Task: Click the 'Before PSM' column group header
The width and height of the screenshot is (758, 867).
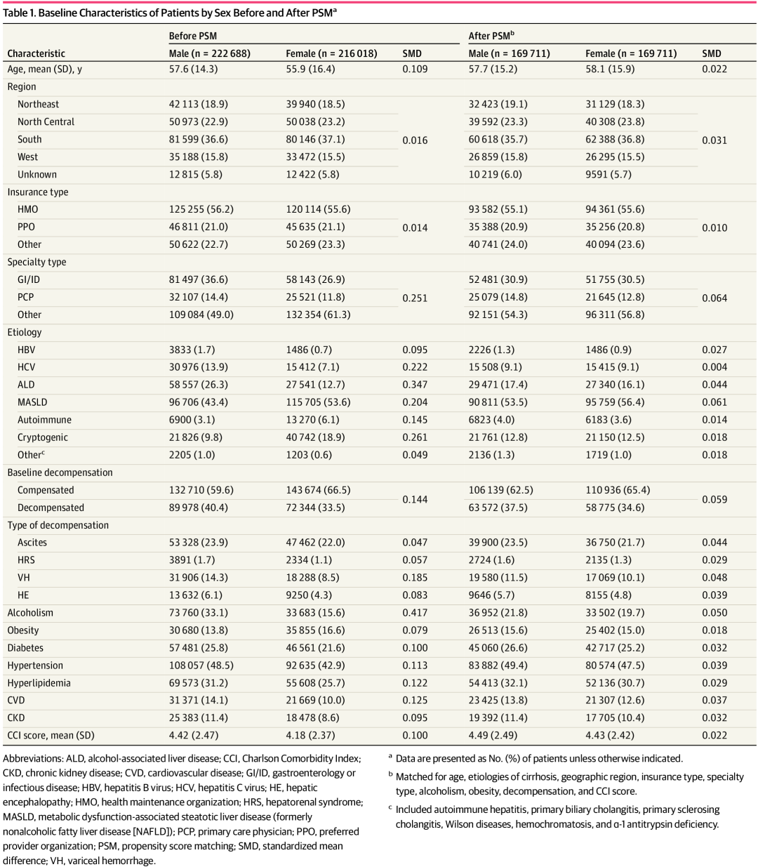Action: tap(192, 36)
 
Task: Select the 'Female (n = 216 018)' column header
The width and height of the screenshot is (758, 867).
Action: tap(331, 53)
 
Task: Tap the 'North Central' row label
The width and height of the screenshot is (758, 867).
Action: tap(46, 121)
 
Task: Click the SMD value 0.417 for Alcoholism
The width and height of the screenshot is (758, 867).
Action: tap(415, 613)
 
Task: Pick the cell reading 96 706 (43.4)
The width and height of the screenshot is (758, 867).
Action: tap(201, 402)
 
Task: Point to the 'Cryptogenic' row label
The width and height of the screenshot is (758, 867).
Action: tap(43, 437)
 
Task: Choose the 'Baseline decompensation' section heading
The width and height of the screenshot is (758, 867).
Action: tap(60, 472)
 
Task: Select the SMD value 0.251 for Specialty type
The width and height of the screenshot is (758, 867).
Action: tap(415, 298)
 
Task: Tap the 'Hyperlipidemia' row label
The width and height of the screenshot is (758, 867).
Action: tap(39, 683)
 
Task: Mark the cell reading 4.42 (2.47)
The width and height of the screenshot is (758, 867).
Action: tap(193, 736)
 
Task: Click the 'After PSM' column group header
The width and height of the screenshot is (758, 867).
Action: tap(491, 36)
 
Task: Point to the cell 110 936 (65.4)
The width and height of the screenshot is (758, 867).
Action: tap(618, 490)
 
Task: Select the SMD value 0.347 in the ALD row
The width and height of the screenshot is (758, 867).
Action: tap(415, 385)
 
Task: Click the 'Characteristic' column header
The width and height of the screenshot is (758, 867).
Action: tap(36, 53)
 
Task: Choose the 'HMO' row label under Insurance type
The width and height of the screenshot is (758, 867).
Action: tap(28, 209)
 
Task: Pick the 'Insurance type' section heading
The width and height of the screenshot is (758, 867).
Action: tap(38, 192)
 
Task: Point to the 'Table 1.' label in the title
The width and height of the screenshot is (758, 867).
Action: tap(19, 13)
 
